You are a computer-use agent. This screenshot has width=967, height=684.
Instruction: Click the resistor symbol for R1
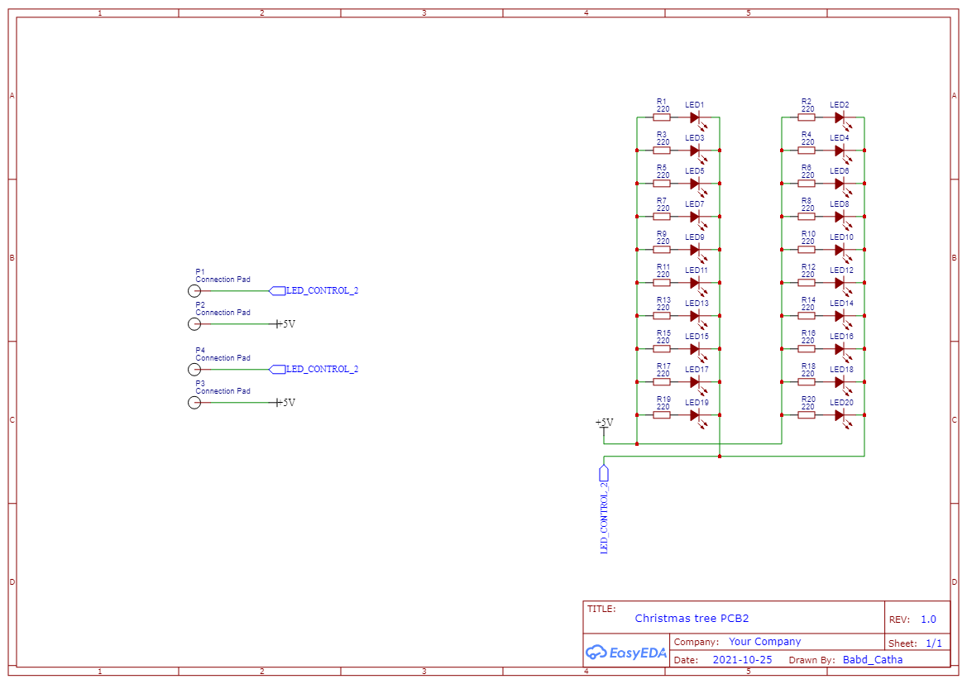(662, 117)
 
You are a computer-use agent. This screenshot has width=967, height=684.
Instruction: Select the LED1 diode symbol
(696, 117)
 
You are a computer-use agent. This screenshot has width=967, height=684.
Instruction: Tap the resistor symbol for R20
(807, 415)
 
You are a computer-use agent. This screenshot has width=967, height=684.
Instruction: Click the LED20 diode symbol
(840, 415)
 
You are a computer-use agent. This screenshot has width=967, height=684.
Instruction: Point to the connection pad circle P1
(194, 291)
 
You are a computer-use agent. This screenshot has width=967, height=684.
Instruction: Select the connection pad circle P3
(194, 403)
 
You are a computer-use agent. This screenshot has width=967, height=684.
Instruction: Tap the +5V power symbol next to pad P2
(285, 324)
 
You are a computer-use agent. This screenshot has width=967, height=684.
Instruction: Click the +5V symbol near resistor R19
(605, 423)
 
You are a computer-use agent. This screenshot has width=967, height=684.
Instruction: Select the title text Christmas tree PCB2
(692, 618)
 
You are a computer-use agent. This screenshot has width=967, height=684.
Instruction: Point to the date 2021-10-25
(742, 660)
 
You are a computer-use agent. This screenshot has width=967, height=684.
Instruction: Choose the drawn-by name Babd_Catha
(873, 660)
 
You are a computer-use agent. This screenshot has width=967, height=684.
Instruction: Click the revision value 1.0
(928, 619)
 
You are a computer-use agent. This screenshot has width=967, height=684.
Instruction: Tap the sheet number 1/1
(933, 643)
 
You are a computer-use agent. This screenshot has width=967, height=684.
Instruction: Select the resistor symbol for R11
(662, 283)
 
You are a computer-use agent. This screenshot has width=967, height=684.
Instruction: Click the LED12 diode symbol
(840, 283)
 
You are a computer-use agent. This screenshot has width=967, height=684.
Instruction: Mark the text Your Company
(764, 642)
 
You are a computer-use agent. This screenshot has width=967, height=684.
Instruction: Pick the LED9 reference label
(695, 237)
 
